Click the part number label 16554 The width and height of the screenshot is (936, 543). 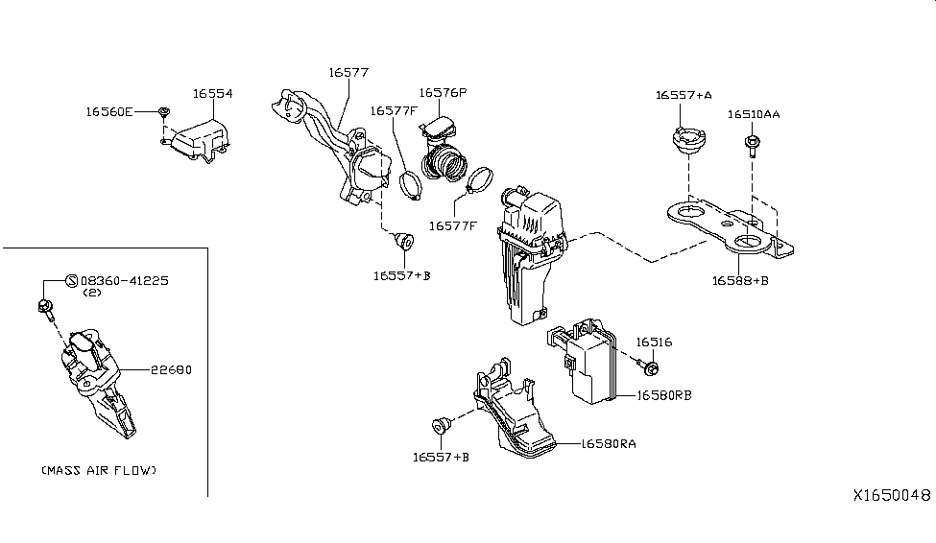pos(212,94)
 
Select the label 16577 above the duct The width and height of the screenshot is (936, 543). pos(348,72)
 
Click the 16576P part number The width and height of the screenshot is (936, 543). pos(442,92)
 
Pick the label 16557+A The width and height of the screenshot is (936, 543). pos(684,95)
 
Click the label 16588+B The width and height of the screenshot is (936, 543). pos(740,280)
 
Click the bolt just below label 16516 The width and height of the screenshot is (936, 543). pos(650,367)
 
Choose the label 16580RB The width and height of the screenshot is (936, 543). pos(663,394)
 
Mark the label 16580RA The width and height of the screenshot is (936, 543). pos(608,444)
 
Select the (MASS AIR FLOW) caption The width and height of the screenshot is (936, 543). pos(99,471)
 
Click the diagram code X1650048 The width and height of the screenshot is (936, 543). pos(892,495)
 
